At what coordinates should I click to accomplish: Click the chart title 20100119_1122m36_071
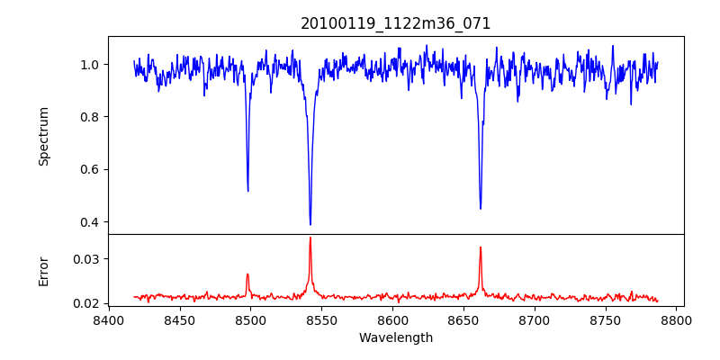pyautogui.click(x=396, y=23)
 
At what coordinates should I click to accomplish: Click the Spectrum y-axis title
pyautogui.click(x=44, y=136)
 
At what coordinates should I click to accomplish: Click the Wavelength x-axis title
pyautogui.click(x=396, y=338)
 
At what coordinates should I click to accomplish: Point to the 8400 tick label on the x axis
pyautogui.click(x=108, y=319)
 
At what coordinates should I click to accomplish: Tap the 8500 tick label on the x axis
pyautogui.click(x=250, y=319)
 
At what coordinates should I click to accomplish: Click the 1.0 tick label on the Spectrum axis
pyautogui.click(x=91, y=65)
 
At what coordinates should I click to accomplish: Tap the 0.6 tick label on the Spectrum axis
pyautogui.click(x=91, y=169)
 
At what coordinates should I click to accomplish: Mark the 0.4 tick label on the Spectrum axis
pyautogui.click(x=91, y=222)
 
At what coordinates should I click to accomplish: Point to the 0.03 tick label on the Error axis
pyautogui.click(x=87, y=259)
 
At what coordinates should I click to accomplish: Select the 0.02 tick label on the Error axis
pyautogui.click(x=87, y=303)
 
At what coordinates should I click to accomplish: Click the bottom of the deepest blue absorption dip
pyautogui.click(x=310, y=224)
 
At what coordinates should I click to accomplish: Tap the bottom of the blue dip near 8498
pyautogui.click(x=247, y=190)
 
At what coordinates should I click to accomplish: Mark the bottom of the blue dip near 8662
pyautogui.click(x=481, y=208)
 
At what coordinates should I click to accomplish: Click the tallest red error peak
pyautogui.click(x=310, y=238)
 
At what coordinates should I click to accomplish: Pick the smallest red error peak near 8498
pyautogui.click(x=247, y=274)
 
